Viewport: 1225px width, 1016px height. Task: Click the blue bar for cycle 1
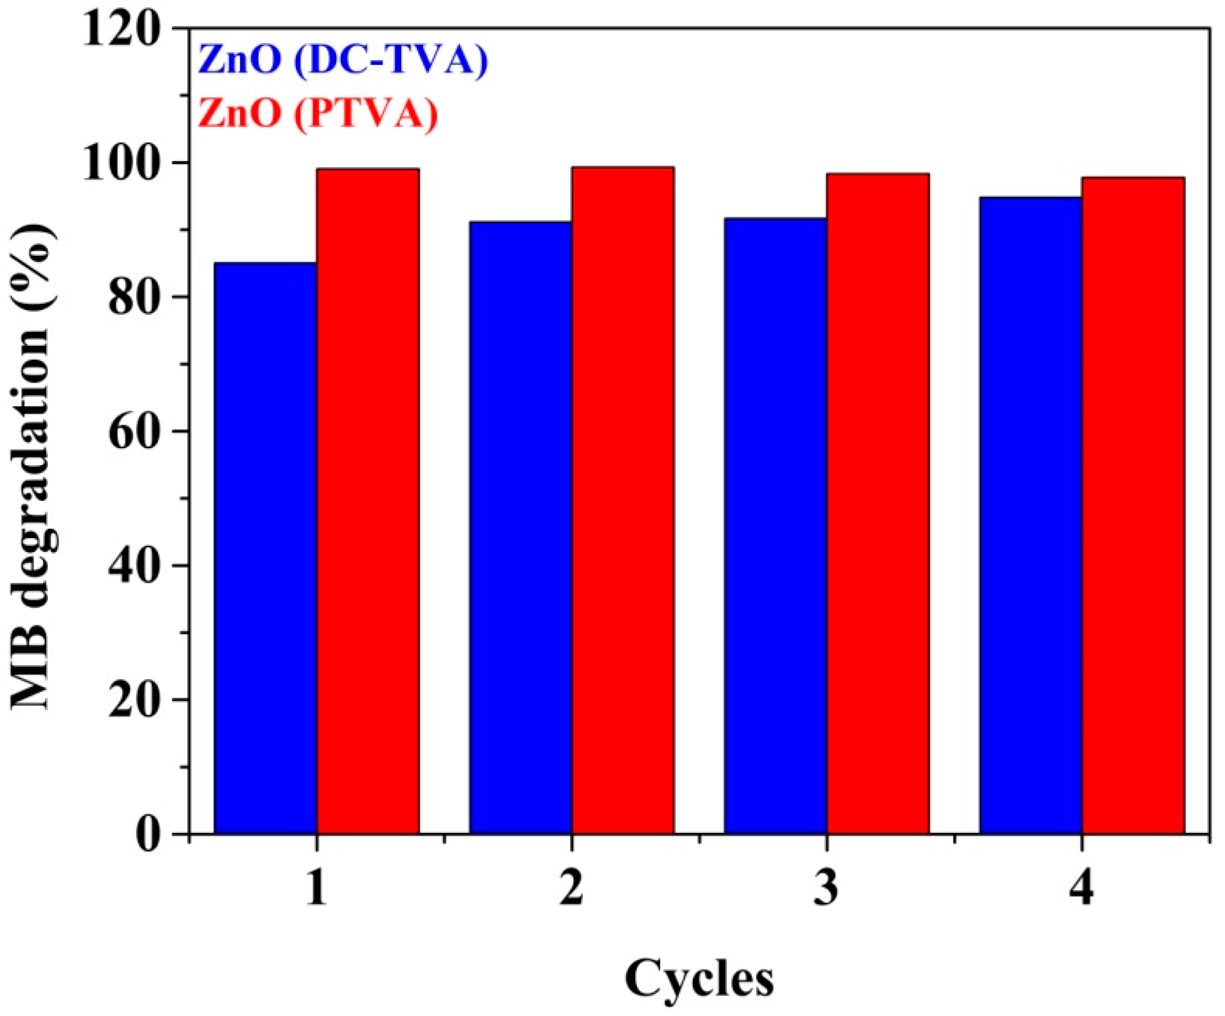tap(265, 548)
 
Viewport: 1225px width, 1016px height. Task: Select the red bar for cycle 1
tap(368, 502)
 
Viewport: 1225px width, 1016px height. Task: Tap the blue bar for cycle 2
tap(520, 528)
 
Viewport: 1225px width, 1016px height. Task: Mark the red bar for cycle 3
tap(878, 504)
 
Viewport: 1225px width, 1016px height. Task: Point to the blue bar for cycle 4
tap(1030, 515)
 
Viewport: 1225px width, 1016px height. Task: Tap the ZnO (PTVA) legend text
tap(318, 113)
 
